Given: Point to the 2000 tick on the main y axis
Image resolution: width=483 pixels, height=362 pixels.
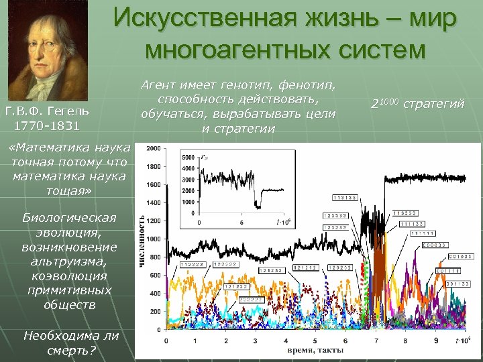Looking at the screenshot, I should [x=152, y=148].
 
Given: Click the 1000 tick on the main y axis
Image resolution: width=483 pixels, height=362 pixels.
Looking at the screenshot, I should [x=152, y=239].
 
